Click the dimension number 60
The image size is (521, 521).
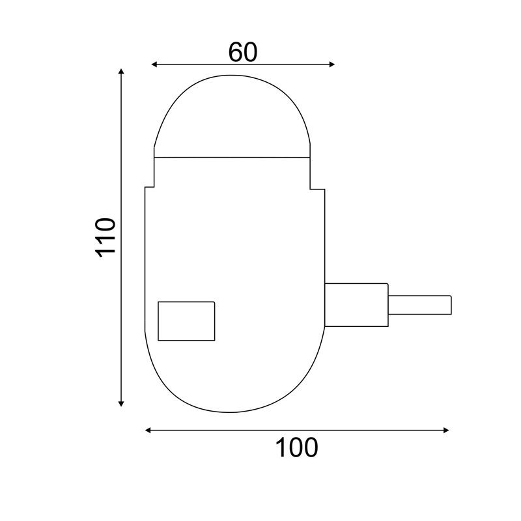point(243,52)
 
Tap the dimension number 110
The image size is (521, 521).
point(106,238)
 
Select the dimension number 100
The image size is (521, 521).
point(296,447)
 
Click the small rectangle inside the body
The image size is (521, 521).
point(186,320)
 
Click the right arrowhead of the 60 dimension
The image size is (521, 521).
point(331,64)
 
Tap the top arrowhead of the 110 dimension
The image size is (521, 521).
point(121,70)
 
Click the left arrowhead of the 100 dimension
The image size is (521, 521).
point(148,430)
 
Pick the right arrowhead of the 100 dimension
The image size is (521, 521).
point(446,430)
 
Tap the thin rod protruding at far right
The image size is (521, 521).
point(420,305)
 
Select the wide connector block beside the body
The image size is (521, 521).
point(356,305)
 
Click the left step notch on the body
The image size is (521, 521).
point(149,188)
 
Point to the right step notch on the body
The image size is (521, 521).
point(317,188)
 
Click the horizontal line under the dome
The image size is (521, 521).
point(232,157)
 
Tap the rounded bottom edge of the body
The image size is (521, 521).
point(233,412)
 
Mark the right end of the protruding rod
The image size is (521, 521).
point(451,305)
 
